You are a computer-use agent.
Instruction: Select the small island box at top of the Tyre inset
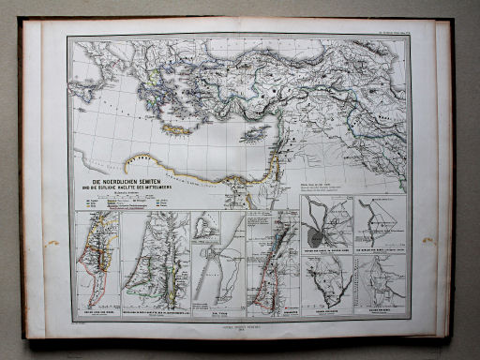click(x=208, y=226)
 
